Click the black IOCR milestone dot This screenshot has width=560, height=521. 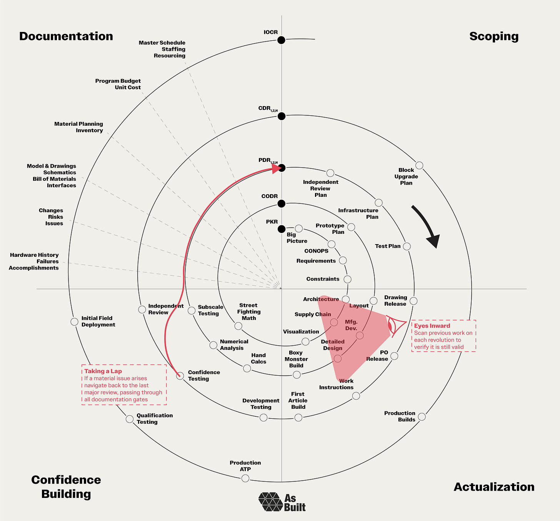(x=282, y=40)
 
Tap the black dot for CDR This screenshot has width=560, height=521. (x=282, y=116)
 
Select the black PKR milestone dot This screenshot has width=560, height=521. (x=282, y=229)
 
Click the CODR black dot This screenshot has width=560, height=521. (x=282, y=203)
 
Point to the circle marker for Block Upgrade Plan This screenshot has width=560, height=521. (x=419, y=165)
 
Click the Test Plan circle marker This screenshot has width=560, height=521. (x=407, y=246)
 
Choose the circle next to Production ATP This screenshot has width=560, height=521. (x=245, y=478)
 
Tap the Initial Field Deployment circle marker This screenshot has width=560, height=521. (x=74, y=321)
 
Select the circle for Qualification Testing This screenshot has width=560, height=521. (x=130, y=419)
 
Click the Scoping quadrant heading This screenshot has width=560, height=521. (x=494, y=37)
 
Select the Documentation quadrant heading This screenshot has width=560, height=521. (x=66, y=37)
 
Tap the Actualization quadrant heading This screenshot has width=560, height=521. (x=494, y=487)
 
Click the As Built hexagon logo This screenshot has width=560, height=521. (x=271, y=502)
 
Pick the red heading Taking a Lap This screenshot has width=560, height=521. (x=103, y=371)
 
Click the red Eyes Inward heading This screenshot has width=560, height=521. (x=432, y=326)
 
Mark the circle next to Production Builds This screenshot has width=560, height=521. (x=422, y=416)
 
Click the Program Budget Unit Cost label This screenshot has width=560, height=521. (x=118, y=84)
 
